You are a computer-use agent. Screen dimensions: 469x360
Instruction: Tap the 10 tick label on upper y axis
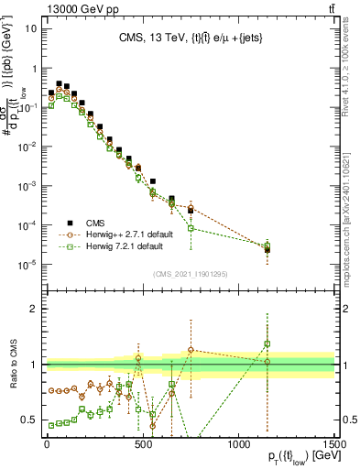pos(30,28)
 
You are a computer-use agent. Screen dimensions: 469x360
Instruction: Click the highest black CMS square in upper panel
pos(59,83)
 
